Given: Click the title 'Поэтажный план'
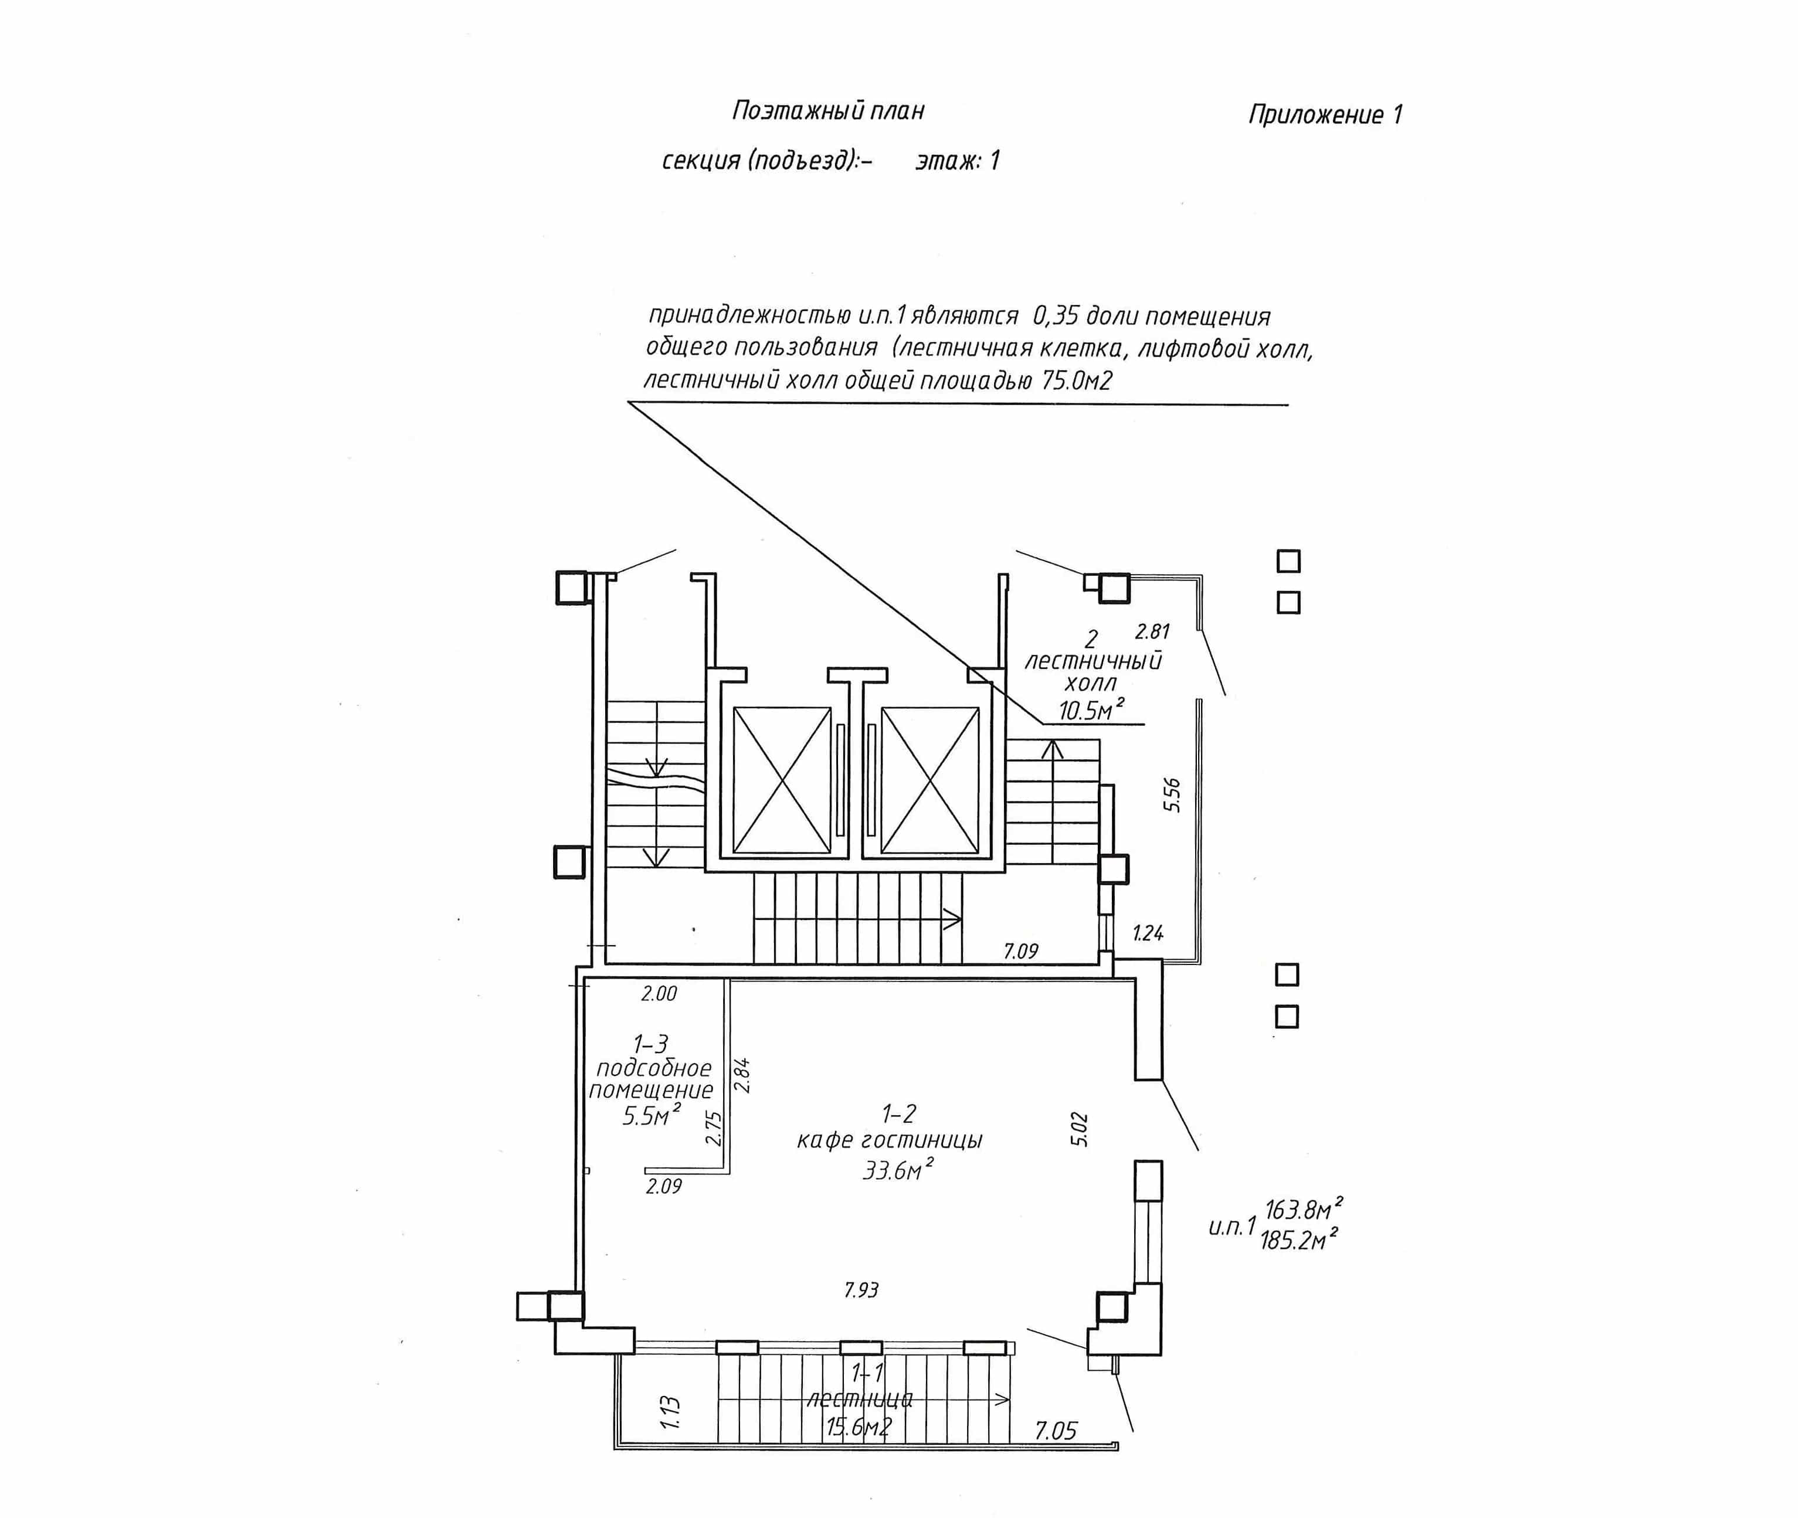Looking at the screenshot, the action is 828,111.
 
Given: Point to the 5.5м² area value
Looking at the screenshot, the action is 652,1116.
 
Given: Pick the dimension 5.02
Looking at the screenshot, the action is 1080,1129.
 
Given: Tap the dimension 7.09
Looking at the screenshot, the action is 1021,951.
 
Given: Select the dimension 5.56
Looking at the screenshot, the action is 1172,794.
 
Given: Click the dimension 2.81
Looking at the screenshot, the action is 1152,631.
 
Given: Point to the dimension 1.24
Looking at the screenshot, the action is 1148,933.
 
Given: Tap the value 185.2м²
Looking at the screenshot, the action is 1299,1239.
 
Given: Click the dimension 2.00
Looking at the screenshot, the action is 659,994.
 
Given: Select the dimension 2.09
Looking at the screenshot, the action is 664,1186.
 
